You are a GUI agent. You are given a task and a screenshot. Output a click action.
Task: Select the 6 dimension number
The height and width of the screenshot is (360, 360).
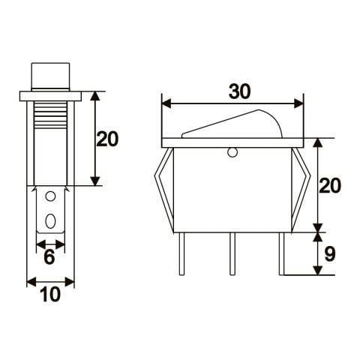[49, 257]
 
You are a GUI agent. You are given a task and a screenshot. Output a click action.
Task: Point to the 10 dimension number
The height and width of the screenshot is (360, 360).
[49, 295]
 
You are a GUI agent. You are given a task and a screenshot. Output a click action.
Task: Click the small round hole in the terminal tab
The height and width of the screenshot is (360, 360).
[50, 198]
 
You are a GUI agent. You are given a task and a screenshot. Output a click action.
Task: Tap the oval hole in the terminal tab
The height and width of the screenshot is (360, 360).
[50, 222]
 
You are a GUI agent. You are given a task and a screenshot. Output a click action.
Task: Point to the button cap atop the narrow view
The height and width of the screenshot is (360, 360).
[50, 76]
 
